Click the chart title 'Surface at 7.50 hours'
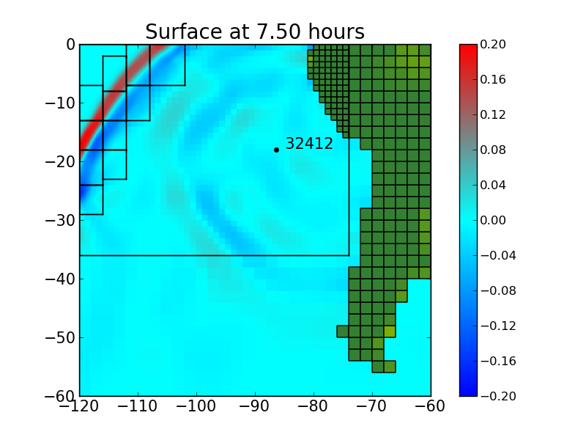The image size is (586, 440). tap(254, 32)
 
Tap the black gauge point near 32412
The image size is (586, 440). tap(276, 150)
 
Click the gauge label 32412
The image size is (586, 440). tap(308, 144)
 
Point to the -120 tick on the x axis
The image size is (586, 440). tap(79, 406)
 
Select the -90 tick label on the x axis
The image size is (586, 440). tap(255, 406)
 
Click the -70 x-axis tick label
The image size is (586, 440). tap(372, 406)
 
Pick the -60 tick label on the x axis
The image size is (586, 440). tap(431, 406)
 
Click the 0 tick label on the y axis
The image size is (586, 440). tap(70, 44)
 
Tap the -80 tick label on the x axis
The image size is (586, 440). tap(314, 406)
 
